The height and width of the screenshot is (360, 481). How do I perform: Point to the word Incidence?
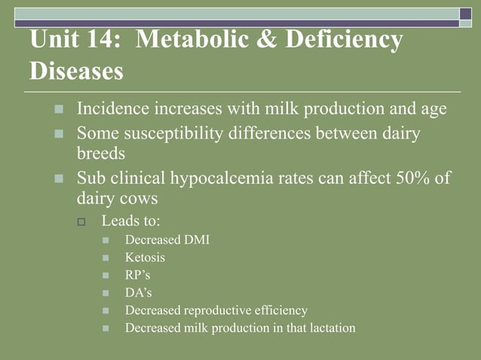(x=113, y=109)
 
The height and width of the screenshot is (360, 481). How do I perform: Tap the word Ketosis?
(x=145, y=258)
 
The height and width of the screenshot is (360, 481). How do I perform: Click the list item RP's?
(x=137, y=275)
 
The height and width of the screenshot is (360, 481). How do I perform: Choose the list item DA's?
(x=138, y=292)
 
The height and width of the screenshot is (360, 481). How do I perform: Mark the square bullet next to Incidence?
(x=60, y=110)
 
